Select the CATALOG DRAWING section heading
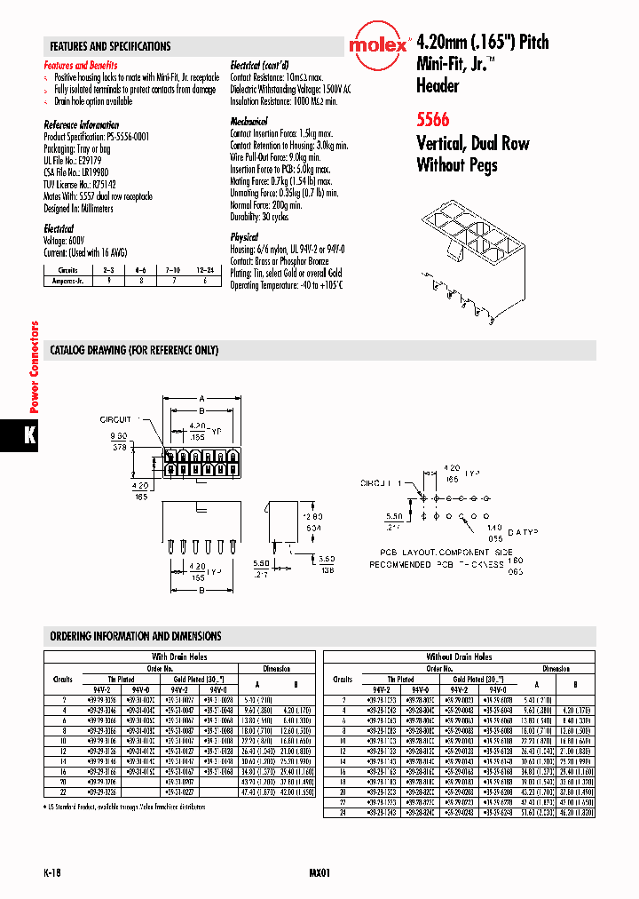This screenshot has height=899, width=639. coord(134,350)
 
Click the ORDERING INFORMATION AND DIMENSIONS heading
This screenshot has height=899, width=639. coord(136,636)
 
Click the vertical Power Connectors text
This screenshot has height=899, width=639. coord(35,367)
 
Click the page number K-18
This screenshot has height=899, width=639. coord(52,872)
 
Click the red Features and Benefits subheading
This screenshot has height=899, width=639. coord(81,66)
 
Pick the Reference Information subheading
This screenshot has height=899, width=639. coord(82,125)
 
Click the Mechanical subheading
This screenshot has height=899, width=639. coord(248,121)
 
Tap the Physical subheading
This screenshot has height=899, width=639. coord(244,237)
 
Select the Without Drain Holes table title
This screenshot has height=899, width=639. coord(459,656)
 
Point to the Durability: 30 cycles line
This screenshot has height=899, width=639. coord(259,217)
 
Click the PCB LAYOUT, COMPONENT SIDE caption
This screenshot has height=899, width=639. coord(442,552)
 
